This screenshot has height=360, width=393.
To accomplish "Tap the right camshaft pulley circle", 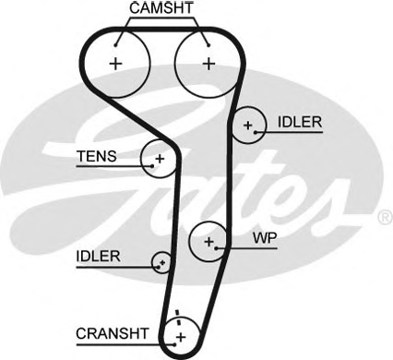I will click(x=208, y=64).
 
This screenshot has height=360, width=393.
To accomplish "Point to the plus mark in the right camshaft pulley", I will click(x=208, y=64).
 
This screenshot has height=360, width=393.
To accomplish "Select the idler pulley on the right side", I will click(x=247, y=125).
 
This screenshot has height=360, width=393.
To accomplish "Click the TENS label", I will click(x=97, y=156).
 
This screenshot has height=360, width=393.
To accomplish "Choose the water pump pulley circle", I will click(x=209, y=242).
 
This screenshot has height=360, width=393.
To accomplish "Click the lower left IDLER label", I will click(x=99, y=256).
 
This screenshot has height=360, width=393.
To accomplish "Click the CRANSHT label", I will click(x=113, y=332).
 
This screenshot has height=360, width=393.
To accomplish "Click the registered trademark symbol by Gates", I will click(x=385, y=219).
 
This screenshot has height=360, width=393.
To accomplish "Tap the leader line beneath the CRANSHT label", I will click(x=120, y=342).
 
